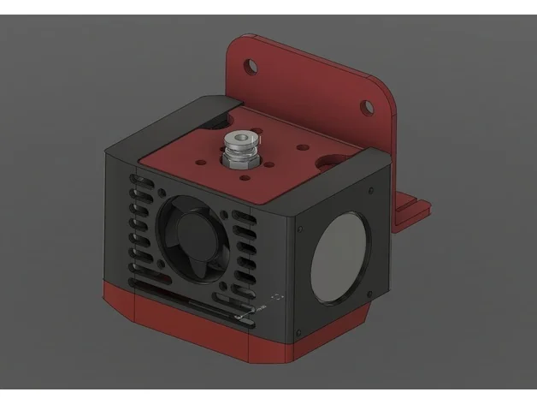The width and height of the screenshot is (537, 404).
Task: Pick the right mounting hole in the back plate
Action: [365, 108]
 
